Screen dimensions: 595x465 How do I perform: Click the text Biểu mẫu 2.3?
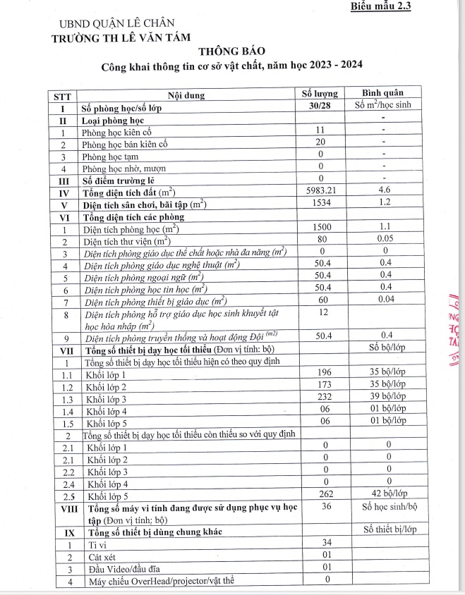[381, 7]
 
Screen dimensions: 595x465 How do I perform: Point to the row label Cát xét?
[102, 556]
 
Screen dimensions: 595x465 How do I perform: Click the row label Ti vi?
[97, 544]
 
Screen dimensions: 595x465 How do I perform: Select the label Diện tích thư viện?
[131, 240]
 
